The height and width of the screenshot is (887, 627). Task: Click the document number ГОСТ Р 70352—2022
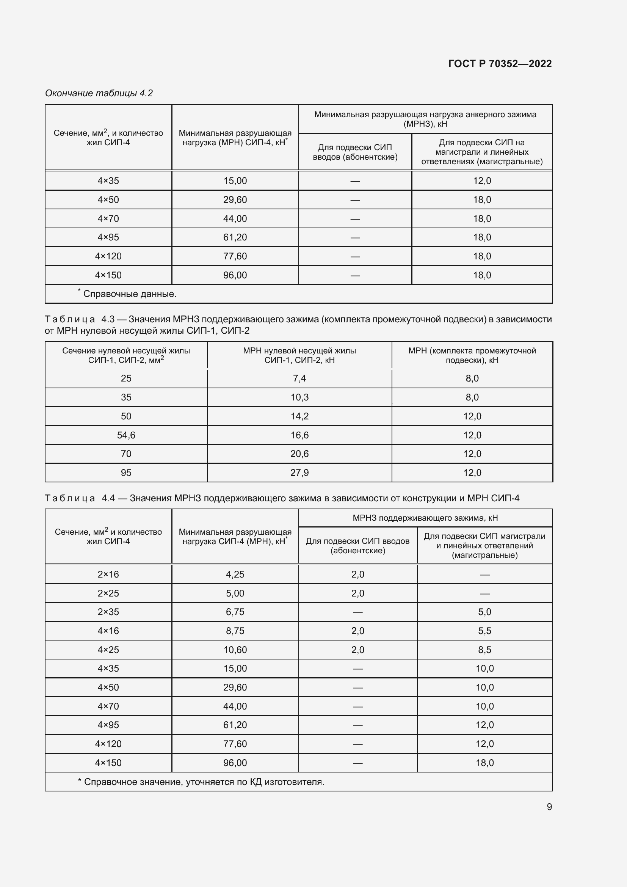tap(500, 64)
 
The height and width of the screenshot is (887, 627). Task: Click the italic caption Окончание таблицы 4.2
tap(99, 93)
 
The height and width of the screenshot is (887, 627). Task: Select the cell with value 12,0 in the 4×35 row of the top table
tap(482, 181)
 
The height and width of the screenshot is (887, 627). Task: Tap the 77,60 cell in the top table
tap(235, 256)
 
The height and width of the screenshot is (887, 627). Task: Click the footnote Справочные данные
tap(130, 294)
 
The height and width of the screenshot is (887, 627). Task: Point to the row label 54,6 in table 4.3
tap(126, 435)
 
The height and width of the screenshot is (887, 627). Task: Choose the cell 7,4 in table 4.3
tap(299, 378)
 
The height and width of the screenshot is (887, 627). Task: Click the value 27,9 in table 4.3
tap(299, 473)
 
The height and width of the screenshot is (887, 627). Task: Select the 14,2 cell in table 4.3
tap(299, 416)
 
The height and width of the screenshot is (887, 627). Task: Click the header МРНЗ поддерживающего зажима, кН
tap(425, 518)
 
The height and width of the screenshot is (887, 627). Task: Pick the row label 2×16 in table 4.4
tap(108, 575)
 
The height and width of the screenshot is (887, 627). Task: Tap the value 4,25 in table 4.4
tap(235, 575)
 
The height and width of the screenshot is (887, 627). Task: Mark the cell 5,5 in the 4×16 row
tap(484, 631)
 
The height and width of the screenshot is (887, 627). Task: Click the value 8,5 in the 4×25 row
tap(484, 650)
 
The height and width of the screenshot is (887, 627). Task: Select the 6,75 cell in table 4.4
tap(235, 612)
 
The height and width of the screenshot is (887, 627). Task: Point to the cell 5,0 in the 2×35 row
tap(484, 612)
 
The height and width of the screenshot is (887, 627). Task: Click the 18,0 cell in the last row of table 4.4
tap(484, 763)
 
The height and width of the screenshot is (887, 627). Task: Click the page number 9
tap(549, 807)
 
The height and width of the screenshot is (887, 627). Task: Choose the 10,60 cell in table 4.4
tap(235, 650)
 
